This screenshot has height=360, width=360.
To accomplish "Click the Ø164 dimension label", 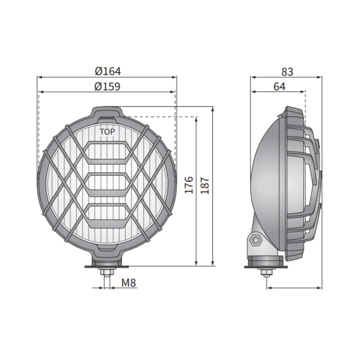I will pyautogui.click(x=108, y=71).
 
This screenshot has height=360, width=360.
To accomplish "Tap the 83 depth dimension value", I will pyautogui.click(x=287, y=72).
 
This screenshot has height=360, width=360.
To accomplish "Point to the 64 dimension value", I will pyautogui.click(x=279, y=87).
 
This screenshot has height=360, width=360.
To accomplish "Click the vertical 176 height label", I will pyautogui.click(x=189, y=185).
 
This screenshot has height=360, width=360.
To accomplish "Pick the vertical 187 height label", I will pyautogui.click(x=205, y=185).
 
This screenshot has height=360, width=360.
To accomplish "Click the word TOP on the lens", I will pyautogui.click(x=107, y=132).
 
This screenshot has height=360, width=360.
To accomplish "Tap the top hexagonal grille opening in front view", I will pyautogui.click(x=107, y=151).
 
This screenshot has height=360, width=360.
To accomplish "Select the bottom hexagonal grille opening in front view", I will pyautogui.click(x=107, y=215).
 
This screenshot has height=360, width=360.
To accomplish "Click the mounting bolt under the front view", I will pyautogui.click(x=107, y=273).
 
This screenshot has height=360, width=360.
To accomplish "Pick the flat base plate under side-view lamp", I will pyautogui.click(x=265, y=266).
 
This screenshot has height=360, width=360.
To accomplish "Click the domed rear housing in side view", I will pyautogui.click(x=265, y=180).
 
